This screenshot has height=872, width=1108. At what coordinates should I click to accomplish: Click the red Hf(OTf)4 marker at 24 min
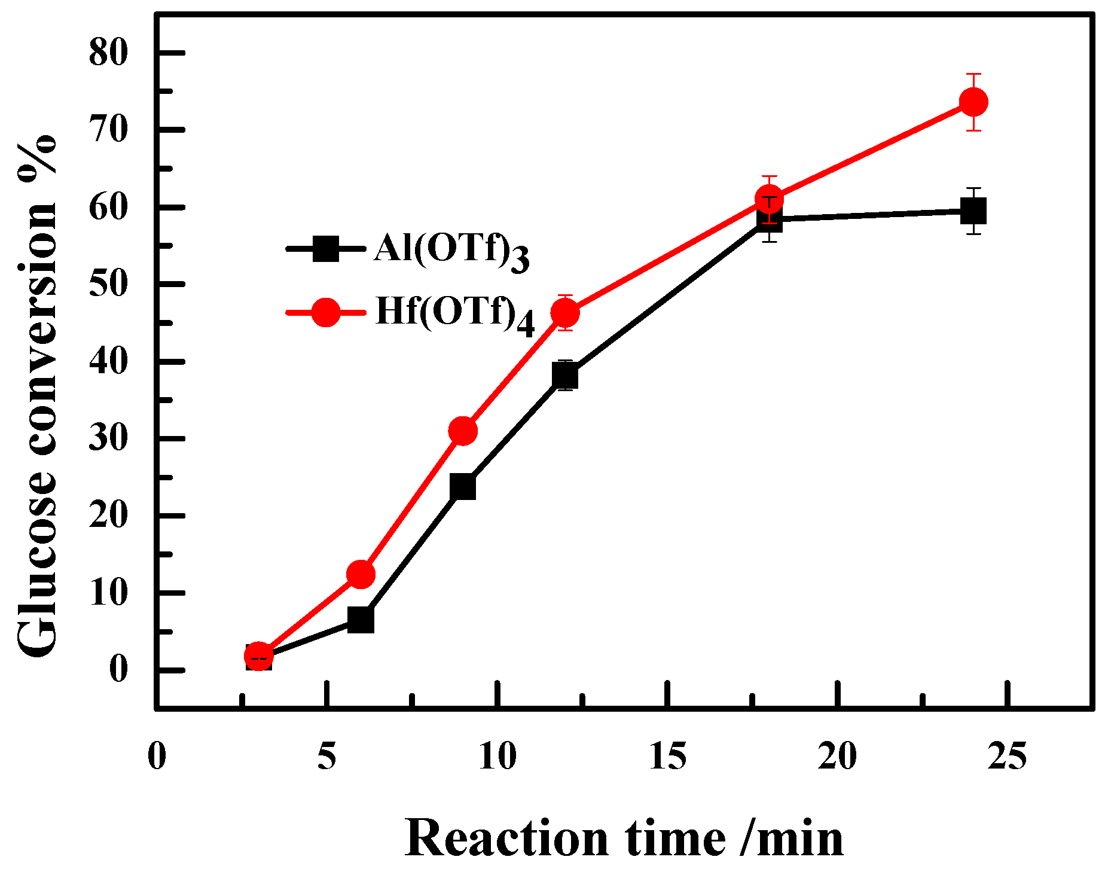pyautogui.click(x=973, y=102)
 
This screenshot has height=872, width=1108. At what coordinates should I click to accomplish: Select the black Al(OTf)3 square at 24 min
pyautogui.click(x=973, y=211)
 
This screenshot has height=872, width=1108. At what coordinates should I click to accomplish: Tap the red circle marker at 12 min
pyautogui.click(x=564, y=312)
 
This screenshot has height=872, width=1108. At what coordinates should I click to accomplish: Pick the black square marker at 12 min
pyautogui.click(x=564, y=375)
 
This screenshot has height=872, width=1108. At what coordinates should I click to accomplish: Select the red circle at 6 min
pyautogui.click(x=361, y=574)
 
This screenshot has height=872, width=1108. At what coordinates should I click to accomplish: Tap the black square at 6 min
pyautogui.click(x=361, y=620)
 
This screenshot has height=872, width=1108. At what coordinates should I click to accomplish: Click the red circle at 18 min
pyautogui.click(x=769, y=198)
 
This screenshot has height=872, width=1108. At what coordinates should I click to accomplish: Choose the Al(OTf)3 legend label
pyautogui.click(x=451, y=250)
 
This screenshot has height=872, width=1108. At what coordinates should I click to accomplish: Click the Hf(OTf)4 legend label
pyautogui.click(x=454, y=314)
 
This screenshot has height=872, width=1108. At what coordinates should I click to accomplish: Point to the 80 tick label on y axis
pyautogui.click(x=108, y=53)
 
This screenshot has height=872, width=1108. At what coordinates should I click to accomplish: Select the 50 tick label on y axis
pyautogui.click(x=108, y=283)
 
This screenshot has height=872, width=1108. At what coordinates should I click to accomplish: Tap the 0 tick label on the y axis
pyautogui.click(x=118, y=669)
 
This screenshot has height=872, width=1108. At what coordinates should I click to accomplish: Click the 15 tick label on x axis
pyautogui.click(x=667, y=757)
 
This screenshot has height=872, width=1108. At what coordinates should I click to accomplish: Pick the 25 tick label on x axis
pyautogui.click(x=1008, y=757)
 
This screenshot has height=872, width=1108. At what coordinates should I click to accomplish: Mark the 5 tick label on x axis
pyautogui.click(x=326, y=757)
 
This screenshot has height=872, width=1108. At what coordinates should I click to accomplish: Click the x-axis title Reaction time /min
pyautogui.click(x=624, y=839)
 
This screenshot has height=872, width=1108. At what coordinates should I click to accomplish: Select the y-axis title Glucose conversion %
pyautogui.click(x=37, y=395)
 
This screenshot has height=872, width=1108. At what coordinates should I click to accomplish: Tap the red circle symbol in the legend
pyautogui.click(x=326, y=312)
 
